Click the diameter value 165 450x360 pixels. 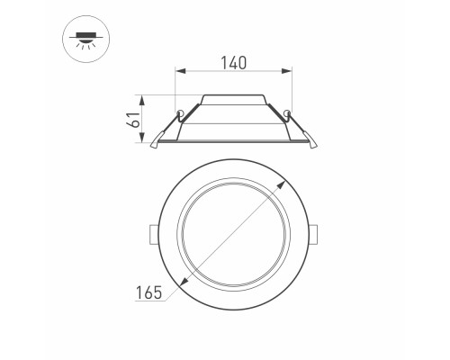[x=148, y=292]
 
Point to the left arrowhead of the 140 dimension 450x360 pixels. [x=178, y=71]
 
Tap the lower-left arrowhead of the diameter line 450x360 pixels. [x=184, y=283]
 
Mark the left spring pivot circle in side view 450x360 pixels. [x=181, y=113]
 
